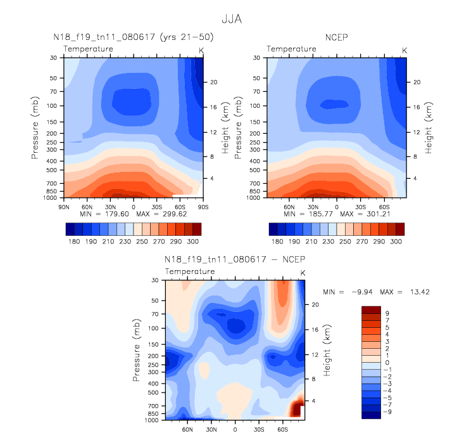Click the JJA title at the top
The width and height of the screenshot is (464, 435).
coord(232,20)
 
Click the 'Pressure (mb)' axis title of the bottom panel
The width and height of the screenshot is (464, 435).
coord(137,350)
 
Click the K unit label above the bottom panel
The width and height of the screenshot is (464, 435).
coord(303,273)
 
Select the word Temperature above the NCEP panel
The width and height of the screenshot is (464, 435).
coord(291,49)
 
